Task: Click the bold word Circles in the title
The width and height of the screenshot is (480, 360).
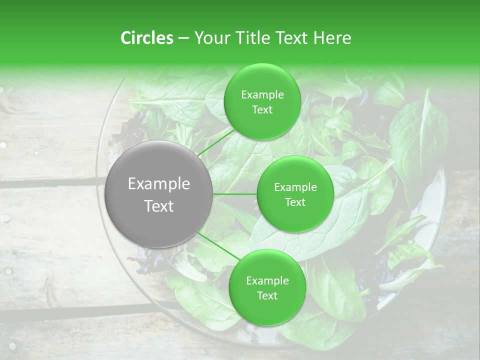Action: click(x=147, y=38)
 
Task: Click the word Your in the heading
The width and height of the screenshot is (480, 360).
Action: click(x=210, y=38)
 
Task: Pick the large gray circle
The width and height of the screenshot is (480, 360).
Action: click(x=158, y=194)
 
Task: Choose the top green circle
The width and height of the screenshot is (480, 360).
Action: click(x=262, y=101)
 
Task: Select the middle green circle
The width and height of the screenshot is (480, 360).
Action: click(x=295, y=194)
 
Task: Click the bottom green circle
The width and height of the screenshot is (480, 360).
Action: click(x=267, y=287)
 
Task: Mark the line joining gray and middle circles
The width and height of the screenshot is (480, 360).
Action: click(x=235, y=194)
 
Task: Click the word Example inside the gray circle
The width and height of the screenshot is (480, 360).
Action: click(x=159, y=184)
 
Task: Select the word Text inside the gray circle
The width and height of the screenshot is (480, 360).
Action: click(x=159, y=206)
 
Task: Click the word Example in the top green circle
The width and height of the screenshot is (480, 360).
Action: click(x=262, y=95)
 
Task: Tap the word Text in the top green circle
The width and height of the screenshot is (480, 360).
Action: click(x=262, y=110)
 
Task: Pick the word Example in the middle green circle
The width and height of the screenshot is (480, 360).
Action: click(x=295, y=187)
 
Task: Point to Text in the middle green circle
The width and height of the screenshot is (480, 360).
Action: click(x=295, y=202)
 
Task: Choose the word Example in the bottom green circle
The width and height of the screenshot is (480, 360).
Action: click(x=267, y=281)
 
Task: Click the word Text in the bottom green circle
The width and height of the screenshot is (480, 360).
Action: click(x=267, y=295)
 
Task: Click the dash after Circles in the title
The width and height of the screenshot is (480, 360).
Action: click(x=183, y=38)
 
